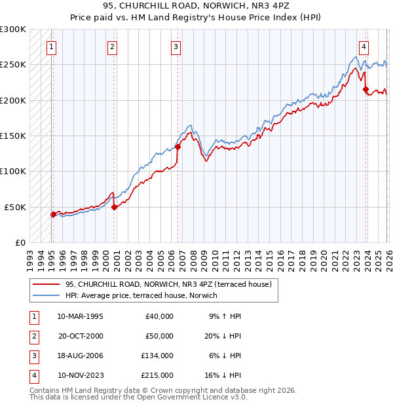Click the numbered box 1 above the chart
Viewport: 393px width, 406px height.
(x=51, y=46)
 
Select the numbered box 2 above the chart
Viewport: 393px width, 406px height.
(x=113, y=46)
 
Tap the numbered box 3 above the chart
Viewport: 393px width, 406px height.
(x=176, y=46)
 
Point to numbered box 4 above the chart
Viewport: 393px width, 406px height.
(x=364, y=46)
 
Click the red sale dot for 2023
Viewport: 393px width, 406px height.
(x=365, y=90)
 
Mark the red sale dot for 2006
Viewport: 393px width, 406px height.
(x=178, y=147)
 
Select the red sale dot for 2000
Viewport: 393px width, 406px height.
(x=114, y=207)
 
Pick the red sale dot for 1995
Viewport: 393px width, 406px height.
(x=53, y=214)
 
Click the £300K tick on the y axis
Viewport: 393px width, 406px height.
(x=13, y=29)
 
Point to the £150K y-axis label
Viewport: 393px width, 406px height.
(x=13, y=136)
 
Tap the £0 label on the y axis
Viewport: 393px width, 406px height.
(x=19, y=242)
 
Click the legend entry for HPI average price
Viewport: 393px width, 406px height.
(x=142, y=295)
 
